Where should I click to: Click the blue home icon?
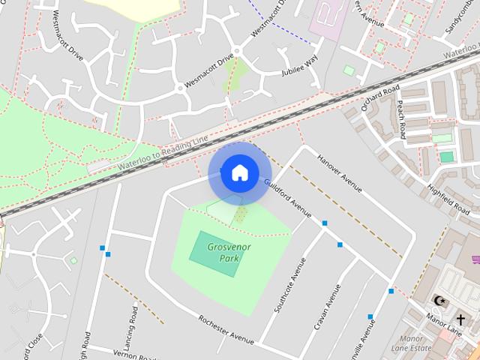239,172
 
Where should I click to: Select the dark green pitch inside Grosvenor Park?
216,253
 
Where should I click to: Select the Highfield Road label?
448,196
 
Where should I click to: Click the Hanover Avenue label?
340,174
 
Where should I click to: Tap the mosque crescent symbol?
439,301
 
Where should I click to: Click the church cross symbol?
460,319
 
